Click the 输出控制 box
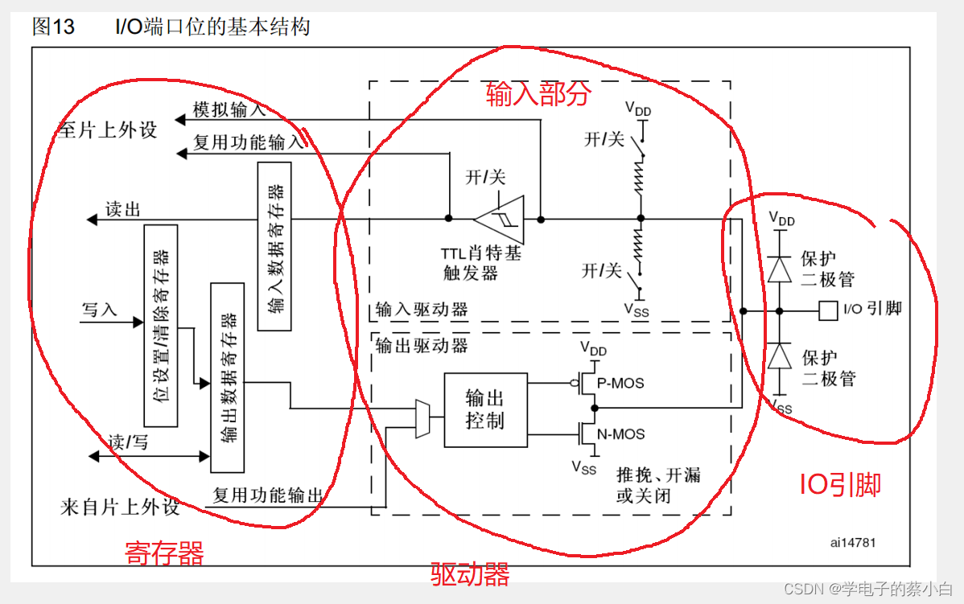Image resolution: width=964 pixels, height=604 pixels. (x=485, y=409)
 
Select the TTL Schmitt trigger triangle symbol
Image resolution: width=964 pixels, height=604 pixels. (x=501, y=219)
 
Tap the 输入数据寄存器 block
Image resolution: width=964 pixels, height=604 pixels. (x=274, y=246)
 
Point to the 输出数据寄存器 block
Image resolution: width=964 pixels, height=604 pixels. (x=227, y=377)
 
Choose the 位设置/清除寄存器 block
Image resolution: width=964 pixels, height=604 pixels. (x=160, y=326)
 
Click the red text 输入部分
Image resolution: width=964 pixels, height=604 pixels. (x=538, y=94)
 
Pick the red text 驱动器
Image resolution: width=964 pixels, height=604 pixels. (x=470, y=575)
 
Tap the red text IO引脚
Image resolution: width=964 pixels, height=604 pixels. (x=840, y=484)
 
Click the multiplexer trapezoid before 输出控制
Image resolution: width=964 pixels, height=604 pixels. (x=422, y=418)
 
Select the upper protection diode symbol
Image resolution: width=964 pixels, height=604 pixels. (x=778, y=269)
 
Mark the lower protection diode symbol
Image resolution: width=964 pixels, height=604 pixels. (x=778, y=355)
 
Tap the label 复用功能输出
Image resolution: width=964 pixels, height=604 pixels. (x=268, y=494)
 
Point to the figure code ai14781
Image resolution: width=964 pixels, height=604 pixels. (x=853, y=542)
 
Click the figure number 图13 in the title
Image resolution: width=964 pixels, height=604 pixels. (x=53, y=27)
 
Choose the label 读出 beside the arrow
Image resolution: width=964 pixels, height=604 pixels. (x=123, y=210)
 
